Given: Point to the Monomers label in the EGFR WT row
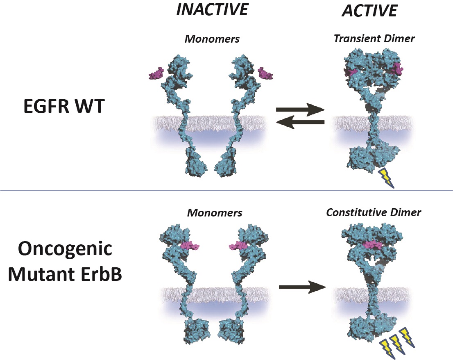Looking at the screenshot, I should pos(212,39).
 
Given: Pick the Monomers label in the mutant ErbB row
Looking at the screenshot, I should pos(215,213).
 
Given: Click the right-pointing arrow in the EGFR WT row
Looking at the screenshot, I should pos(300,109).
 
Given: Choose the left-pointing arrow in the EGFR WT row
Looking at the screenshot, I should pos(300,122).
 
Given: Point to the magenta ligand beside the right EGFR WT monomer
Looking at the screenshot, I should pos(266,74).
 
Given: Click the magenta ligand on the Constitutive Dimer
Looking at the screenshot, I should pos(372,245).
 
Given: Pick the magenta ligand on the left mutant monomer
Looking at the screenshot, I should pos(189,246).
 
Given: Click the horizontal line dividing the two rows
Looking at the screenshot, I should pos(226,191).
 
